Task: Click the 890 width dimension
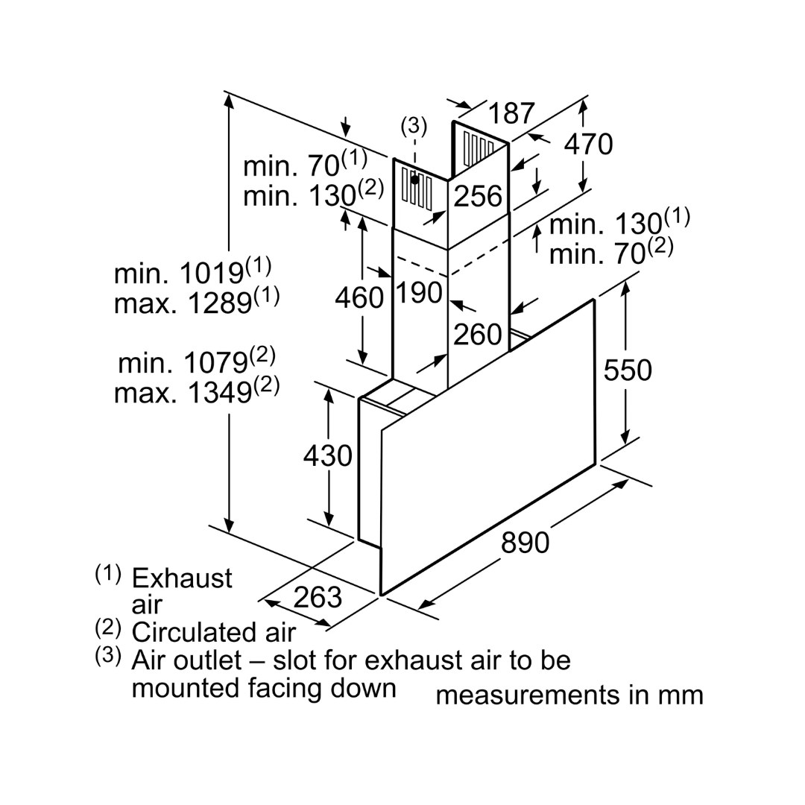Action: pyautogui.click(x=525, y=543)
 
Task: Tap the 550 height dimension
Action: pyautogui.click(x=628, y=370)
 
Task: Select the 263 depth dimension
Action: pyautogui.click(x=317, y=596)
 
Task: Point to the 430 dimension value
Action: pyautogui.click(x=327, y=455)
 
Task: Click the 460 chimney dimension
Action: pyautogui.click(x=359, y=297)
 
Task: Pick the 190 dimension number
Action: pyautogui.click(x=419, y=293)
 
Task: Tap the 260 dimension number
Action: pyautogui.click(x=478, y=335)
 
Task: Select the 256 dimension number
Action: pyautogui.click(x=478, y=196)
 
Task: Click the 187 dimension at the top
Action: pyautogui.click(x=512, y=113)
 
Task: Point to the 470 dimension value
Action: pyautogui.click(x=588, y=144)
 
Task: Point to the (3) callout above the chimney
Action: pyautogui.click(x=414, y=126)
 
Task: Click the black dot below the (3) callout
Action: pyautogui.click(x=414, y=180)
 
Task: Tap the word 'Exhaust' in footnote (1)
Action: pyautogui.click(x=182, y=578)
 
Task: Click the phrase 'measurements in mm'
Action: pyautogui.click(x=569, y=695)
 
